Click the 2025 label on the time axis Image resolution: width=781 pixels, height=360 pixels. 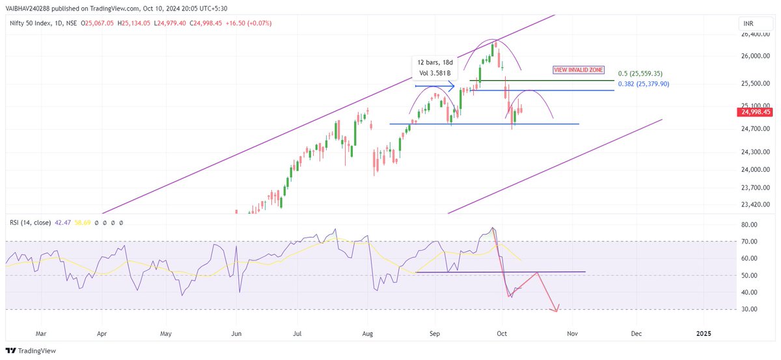click(x=704, y=333)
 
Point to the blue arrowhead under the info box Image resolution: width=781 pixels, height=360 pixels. click(x=450, y=85)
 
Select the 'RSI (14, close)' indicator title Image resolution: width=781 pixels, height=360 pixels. click(x=30, y=223)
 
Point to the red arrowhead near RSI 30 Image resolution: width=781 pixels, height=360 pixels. click(x=556, y=309)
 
